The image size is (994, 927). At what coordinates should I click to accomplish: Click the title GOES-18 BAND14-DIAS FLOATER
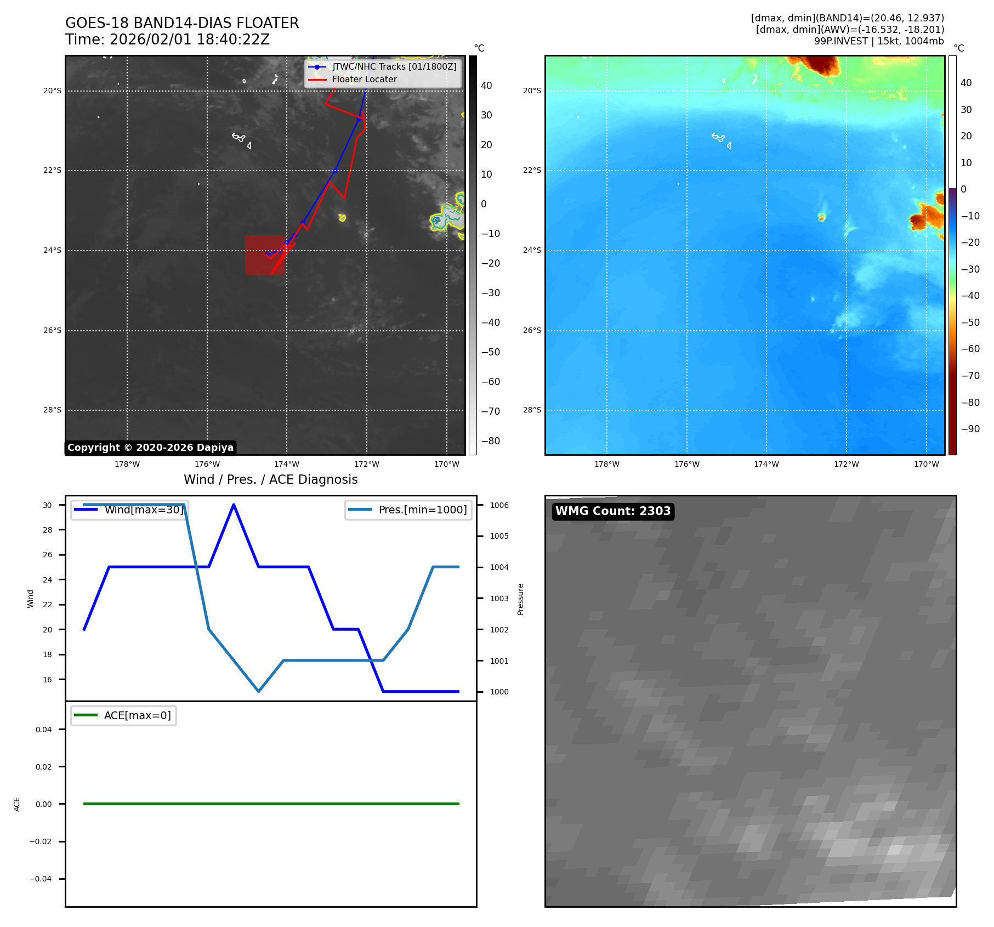click(182, 23)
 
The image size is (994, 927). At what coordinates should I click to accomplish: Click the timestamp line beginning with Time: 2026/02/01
click(167, 39)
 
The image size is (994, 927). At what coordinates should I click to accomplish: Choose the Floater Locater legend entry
click(364, 79)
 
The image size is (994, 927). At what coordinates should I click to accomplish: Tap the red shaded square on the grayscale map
click(265, 255)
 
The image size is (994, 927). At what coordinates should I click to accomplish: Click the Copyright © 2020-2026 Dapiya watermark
click(150, 448)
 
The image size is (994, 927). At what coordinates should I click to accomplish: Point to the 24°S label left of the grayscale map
click(53, 251)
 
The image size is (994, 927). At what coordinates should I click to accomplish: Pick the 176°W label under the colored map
click(686, 464)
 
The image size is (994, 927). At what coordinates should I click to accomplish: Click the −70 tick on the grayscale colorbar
click(491, 411)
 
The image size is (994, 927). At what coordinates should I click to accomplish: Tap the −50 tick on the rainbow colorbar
click(970, 323)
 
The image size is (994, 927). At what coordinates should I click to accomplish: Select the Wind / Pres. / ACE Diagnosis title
click(270, 479)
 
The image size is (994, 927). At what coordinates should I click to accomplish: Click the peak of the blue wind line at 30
click(234, 505)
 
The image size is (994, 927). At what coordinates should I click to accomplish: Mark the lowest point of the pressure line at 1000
click(258, 691)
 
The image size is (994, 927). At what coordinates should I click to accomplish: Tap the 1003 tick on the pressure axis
click(499, 598)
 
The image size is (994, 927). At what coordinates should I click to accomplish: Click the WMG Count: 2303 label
click(613, 511)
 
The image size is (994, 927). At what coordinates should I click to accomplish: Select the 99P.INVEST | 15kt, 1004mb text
click(879, 41)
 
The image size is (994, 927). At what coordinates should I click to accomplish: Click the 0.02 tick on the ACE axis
click(44, 767)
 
